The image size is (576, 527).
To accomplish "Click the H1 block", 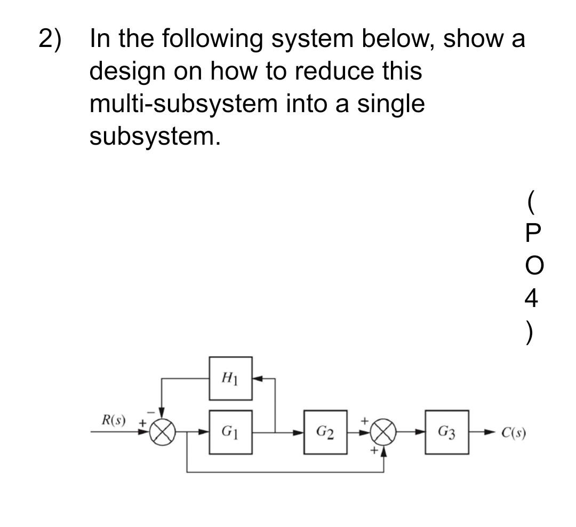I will (x=230, y=379).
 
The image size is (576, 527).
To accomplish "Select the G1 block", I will (x=230, y=432).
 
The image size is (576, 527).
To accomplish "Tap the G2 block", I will (x=325, y=432).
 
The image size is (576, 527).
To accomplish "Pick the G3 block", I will (x=446, y=432).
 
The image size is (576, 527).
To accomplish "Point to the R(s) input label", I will (x=114, y=419).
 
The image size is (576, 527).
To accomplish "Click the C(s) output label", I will (x=514, y=432).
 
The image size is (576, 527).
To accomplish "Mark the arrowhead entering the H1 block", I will (x=257, y=379).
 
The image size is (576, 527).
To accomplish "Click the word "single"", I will (x=391, y=105).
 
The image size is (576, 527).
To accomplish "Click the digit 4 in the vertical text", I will (x=531, y=297).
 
